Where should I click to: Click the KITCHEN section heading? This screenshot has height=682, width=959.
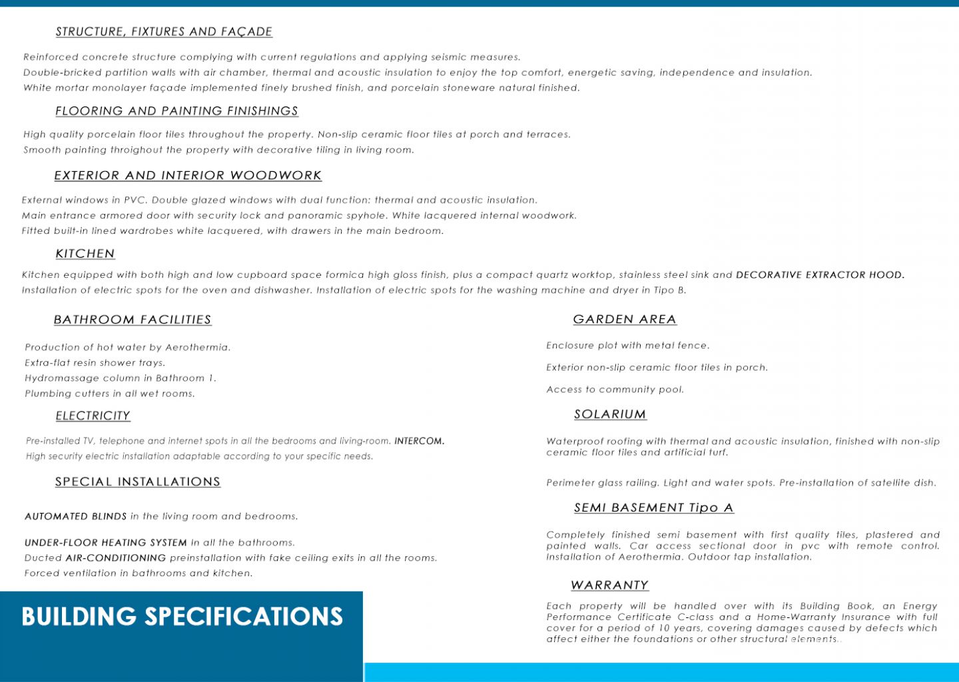(x=85, y=254)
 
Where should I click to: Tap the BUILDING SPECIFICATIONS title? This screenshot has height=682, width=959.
(x=182, y=617)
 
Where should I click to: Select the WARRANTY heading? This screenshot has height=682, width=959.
(x=609, y=585)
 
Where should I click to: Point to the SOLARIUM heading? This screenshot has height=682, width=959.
(x=610, y=414)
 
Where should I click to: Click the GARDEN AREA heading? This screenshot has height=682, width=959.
(x=625, y=320)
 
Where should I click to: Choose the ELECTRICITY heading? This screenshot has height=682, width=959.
(x=93, y=416)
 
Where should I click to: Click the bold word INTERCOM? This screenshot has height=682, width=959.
(x=420, y=441)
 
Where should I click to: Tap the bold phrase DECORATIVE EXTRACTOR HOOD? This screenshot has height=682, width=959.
(x=820, y=275)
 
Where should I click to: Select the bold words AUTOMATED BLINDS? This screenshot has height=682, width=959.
(x=75, y=517)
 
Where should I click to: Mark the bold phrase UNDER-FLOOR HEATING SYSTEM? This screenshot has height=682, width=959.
(x=106, y=543)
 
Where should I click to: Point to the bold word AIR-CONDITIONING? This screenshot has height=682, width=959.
(x=116, y=558)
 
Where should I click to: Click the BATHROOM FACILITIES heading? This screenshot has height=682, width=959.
(x=133, y=320)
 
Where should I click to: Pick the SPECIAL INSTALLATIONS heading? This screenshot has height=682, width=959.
(x=138, y=482)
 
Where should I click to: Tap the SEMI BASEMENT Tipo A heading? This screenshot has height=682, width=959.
(x=654, y=508)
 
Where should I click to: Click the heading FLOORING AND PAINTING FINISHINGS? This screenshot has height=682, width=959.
(x=176, y=111)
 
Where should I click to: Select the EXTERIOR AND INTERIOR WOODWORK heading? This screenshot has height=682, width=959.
(x=188, y=176)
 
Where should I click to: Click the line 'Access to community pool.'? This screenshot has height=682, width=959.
(x=615, y=390)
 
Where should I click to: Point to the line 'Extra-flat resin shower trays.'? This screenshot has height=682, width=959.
(x=95, y=363)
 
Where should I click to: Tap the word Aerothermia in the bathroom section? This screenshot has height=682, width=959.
(x=197, y=348)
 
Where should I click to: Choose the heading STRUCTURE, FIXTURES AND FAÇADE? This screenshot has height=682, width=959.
(x=164, y=32)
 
